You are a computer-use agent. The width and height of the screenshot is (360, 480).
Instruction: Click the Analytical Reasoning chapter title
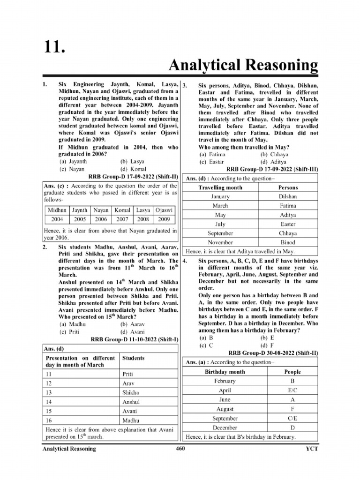(x=243, y=66)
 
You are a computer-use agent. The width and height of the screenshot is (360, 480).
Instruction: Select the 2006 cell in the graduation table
(x=101, y=219)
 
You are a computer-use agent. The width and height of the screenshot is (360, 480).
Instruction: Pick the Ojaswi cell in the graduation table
(x=164, y=210)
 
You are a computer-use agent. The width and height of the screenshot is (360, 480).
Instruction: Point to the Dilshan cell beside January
(x=288, y=197)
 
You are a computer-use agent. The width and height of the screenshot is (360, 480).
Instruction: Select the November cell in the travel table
(x=220, y=242)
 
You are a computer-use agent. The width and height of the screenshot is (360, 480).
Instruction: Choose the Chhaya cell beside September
(x=288, y=233)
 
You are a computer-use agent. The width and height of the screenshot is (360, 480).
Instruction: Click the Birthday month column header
(x=225, y=372)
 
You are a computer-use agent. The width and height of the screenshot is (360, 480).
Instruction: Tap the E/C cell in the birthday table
(x=292, y=390)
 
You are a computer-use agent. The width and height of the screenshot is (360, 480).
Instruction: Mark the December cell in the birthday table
(x=225, y=427)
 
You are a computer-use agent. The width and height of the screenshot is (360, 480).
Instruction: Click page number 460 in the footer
(x=180, y=449)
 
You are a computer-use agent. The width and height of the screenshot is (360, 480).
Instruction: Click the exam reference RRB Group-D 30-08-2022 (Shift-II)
(x=273, y=352)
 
